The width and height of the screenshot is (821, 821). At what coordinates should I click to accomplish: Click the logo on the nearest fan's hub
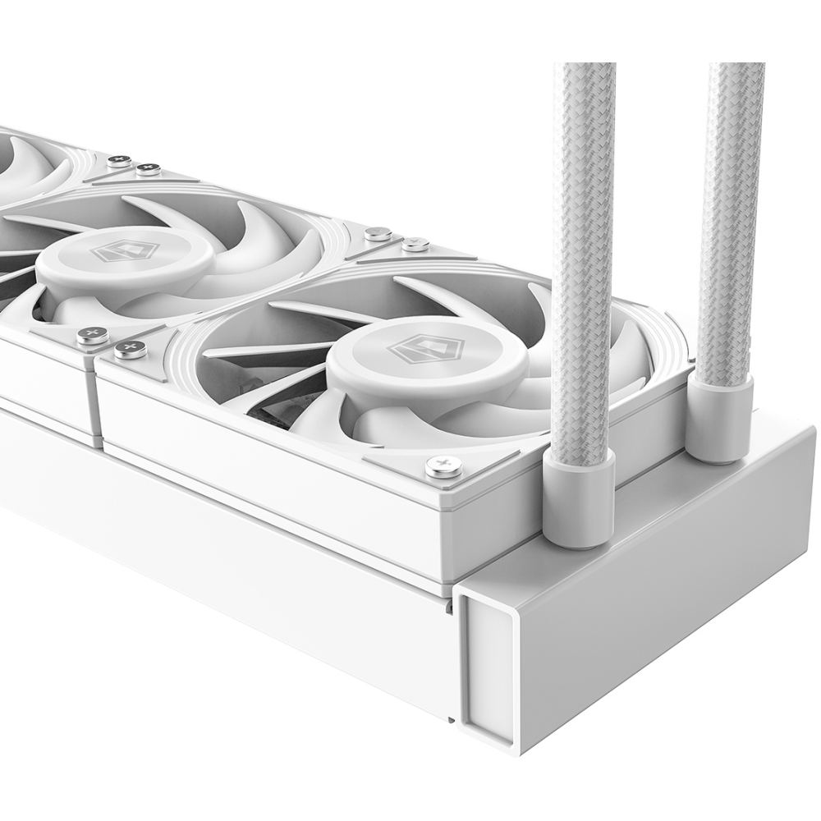[x=424, y=351]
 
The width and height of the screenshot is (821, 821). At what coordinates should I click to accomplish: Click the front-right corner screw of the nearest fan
[x=443, y=467]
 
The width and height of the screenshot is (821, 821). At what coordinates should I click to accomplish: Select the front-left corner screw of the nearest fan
[x=130, y=350]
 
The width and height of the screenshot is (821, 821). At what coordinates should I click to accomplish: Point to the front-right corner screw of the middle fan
[x=92, y=335]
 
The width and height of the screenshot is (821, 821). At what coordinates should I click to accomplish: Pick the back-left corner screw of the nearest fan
[x=415, y=244]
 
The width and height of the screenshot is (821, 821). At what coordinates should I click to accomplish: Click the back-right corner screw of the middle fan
[x=378, y=234]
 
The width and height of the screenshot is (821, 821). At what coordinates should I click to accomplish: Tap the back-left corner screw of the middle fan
[x=148, y=170]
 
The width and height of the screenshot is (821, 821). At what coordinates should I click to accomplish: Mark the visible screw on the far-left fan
[x=120, y=161]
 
